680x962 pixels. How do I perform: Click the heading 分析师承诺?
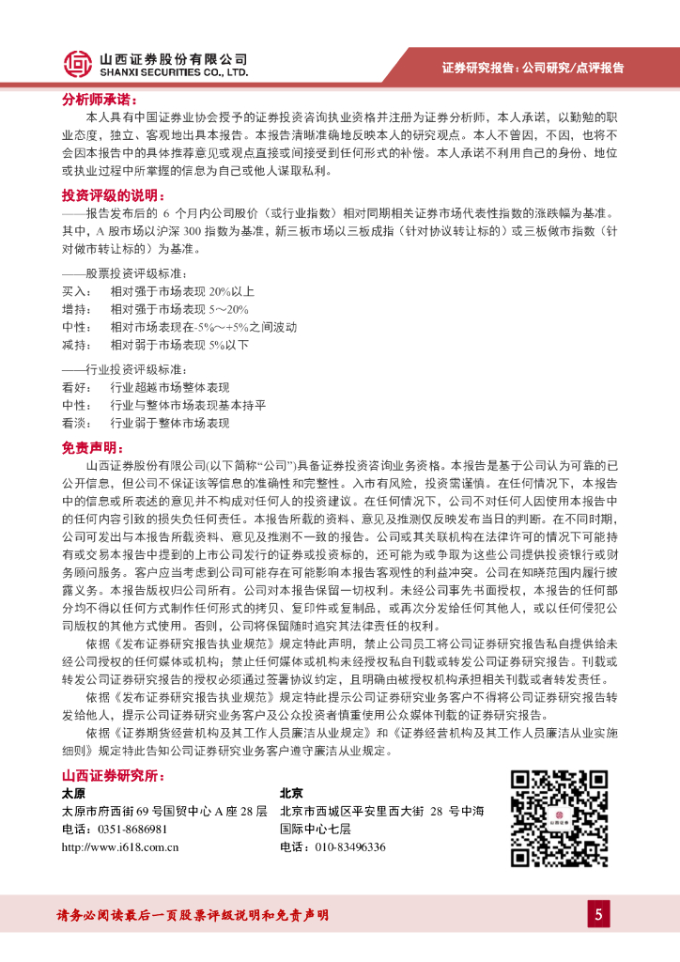99,99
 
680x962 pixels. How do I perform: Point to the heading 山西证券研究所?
112,776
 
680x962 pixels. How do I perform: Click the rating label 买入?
74,291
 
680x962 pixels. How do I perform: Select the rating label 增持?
74,309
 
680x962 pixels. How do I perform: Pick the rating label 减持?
74,345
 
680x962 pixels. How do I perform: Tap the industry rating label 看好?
74,388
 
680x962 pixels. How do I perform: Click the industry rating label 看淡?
74,424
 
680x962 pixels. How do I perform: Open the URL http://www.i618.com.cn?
119,847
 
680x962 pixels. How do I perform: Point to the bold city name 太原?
73,793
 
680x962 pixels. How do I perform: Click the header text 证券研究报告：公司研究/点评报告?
533,68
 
